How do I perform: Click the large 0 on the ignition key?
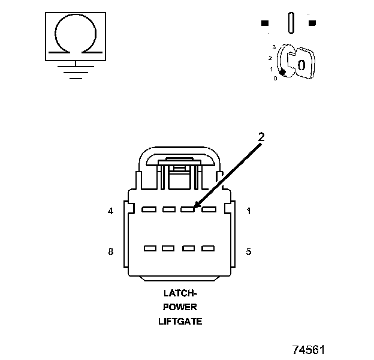pos(301,65)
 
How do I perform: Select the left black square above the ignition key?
pos(264,23)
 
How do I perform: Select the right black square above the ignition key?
pos(312,23)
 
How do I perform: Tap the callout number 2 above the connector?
pos(261,136)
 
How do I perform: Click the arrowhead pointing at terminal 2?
pos(196,206)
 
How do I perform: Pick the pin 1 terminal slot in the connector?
pos(208,209)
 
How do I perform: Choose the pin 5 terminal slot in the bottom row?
pos(208,248)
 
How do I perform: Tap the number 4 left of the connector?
pos(110,211)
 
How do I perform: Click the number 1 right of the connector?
pos(249,211)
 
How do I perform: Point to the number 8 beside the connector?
pos(110,251)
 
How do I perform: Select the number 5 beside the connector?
pos(249,251)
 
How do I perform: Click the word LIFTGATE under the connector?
pos(180,321)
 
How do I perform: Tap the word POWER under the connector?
pos(180,307)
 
